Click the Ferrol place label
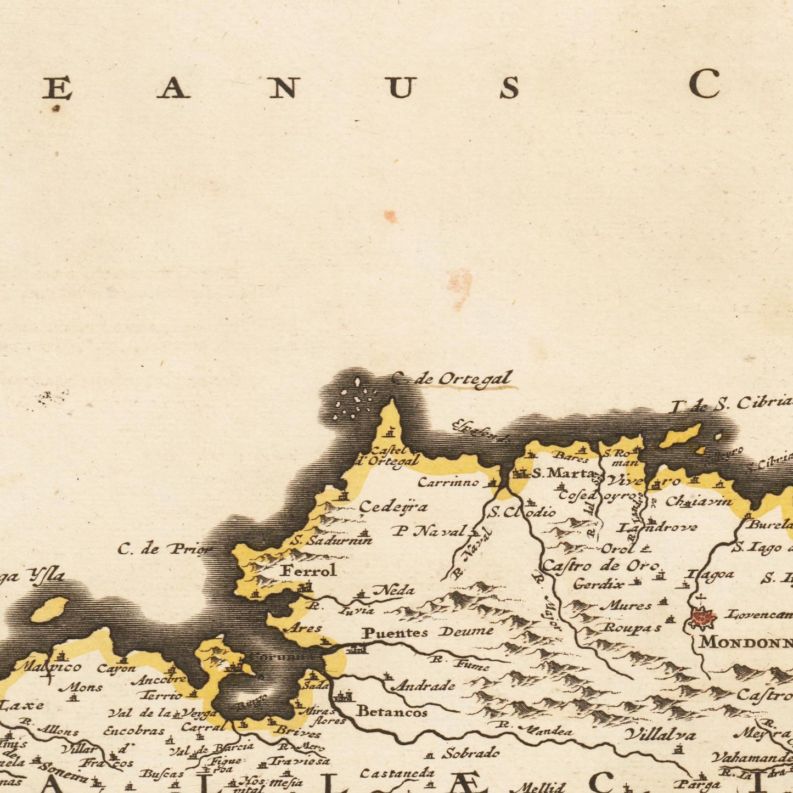click(308, 571)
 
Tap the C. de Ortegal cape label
click(453, 379)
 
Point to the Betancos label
click(392, 712)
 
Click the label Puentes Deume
click(428, 633)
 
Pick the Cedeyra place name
click(393, 507)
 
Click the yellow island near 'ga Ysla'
click(49, 610)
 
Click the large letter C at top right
click(705, 84)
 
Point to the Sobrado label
click(471, 753)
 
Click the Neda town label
click(393, 590)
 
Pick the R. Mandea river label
click(540, 729)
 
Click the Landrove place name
click(657, 528)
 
